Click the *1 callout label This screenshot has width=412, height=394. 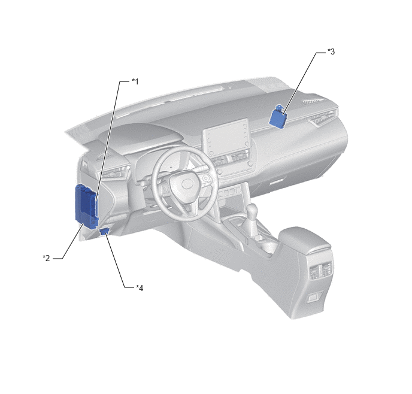click(135, 81)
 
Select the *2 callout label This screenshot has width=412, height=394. click(46, 258)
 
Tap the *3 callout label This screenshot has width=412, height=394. click(331, 51)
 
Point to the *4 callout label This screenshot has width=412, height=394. click(140, 288)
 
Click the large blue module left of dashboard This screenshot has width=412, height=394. click(86, 206)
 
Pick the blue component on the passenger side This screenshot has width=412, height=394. click(278, 117)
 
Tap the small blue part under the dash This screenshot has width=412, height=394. click(104, 231)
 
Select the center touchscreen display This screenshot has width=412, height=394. click(226, 138)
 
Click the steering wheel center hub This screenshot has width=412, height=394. click(186, 184)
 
